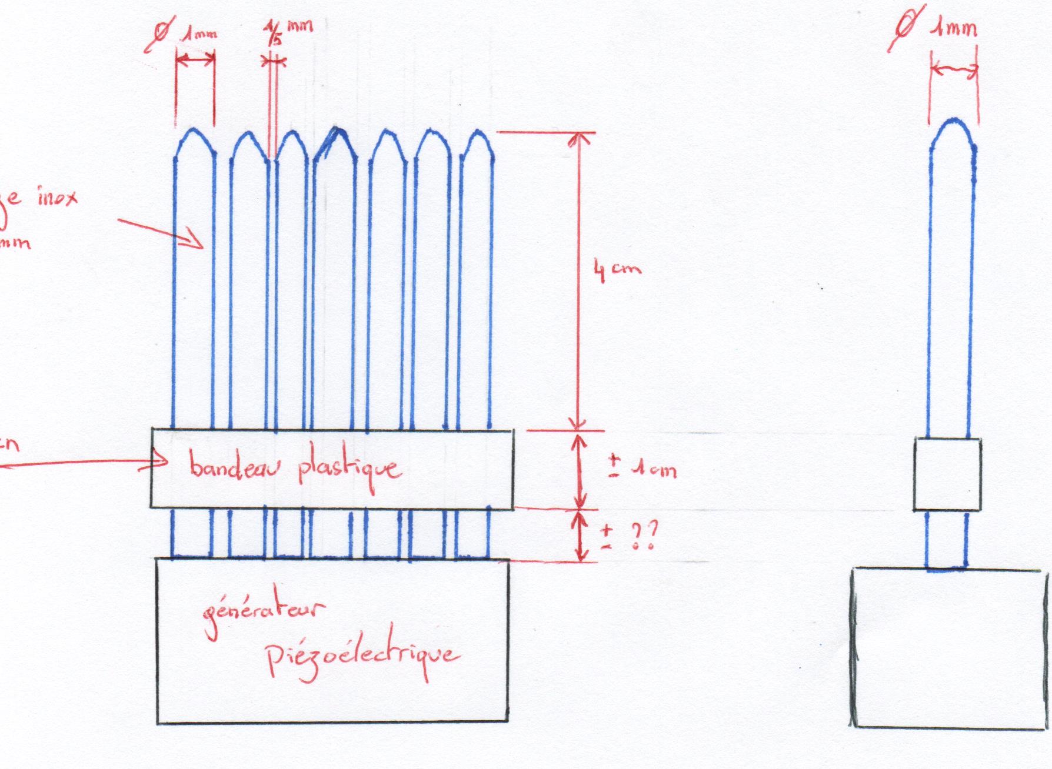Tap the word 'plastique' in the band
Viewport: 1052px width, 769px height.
pos(349,469)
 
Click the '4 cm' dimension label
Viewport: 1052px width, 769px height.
pos(616,271)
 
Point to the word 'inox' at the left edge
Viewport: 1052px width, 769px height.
pos(56,199)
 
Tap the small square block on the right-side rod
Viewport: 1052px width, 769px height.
pos(947,474)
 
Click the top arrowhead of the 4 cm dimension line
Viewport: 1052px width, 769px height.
pos(578,138)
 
